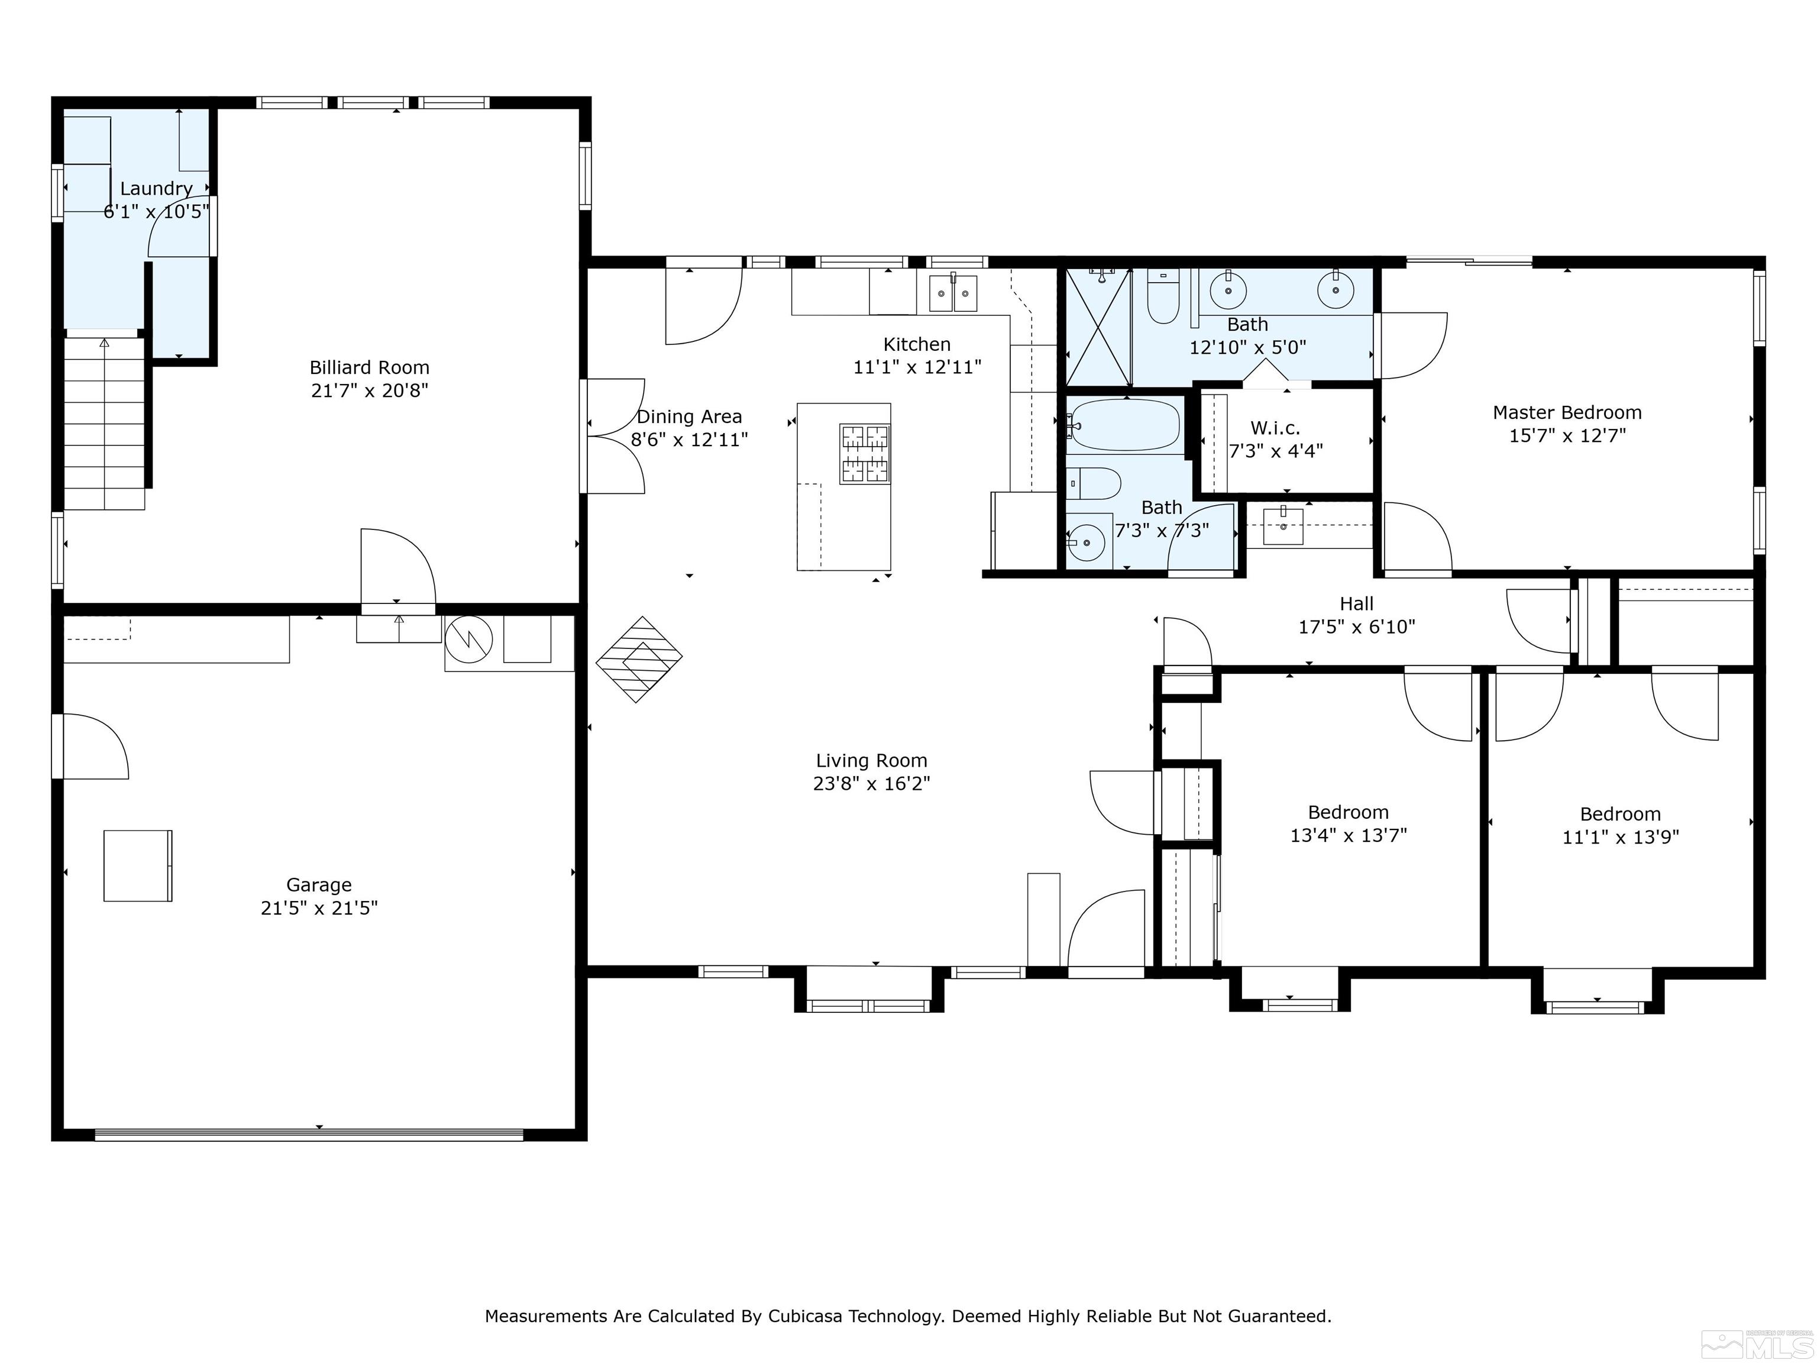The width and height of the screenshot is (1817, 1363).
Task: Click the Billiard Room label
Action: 369,367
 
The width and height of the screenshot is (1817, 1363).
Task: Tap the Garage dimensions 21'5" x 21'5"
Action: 319,908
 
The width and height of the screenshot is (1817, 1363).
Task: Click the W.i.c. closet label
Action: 1275,428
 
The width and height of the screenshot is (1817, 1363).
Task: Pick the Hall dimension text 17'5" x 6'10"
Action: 1356,627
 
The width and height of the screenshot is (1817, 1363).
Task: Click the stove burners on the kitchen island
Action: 865,453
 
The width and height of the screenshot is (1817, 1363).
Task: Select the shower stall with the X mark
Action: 1098,326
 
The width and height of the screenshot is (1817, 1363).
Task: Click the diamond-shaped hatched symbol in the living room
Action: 639,659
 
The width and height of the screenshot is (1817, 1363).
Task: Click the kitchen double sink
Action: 953,293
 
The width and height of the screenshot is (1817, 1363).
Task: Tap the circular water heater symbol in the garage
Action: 468,639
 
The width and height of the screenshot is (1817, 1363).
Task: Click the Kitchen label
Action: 917,344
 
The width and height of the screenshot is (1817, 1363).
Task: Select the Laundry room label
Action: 156,188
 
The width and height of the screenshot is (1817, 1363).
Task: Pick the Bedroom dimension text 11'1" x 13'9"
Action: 1620,837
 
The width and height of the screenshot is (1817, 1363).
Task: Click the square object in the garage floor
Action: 138,866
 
